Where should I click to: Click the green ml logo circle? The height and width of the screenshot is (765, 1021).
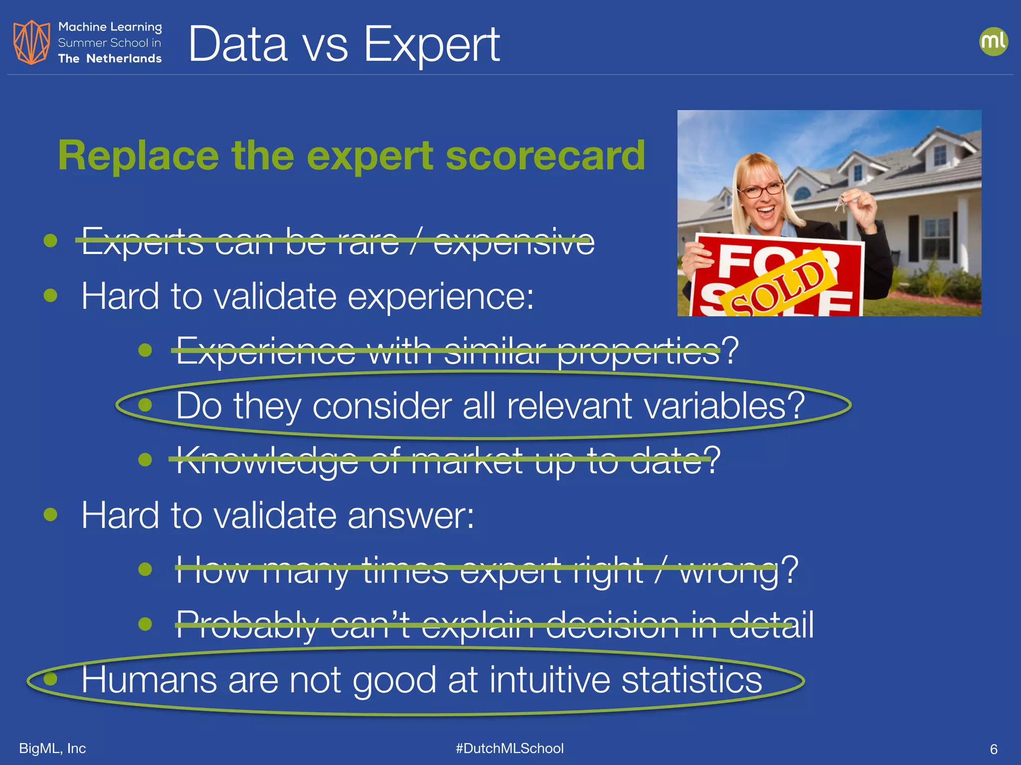click(993, 41)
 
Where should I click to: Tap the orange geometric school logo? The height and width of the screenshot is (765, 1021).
click(31, 42)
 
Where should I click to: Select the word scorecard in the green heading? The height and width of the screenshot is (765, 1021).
click(545, 155)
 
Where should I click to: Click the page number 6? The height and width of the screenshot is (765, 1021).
click(993, 749)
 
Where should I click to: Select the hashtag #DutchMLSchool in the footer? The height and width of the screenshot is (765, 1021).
click(510, 749)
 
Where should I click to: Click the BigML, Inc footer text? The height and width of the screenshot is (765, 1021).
click(52, 749)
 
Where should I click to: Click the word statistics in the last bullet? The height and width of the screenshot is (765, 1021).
click(691, 680)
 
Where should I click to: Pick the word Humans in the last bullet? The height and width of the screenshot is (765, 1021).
click(149, 680)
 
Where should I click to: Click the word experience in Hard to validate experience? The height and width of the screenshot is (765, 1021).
click(440, 297)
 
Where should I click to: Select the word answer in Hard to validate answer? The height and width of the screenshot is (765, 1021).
click(410, 515)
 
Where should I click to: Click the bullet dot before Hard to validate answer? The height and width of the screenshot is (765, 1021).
click(50, 514)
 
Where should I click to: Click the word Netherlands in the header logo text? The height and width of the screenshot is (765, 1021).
click(124, 59)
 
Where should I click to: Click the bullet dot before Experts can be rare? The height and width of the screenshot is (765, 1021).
click(50, 241)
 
